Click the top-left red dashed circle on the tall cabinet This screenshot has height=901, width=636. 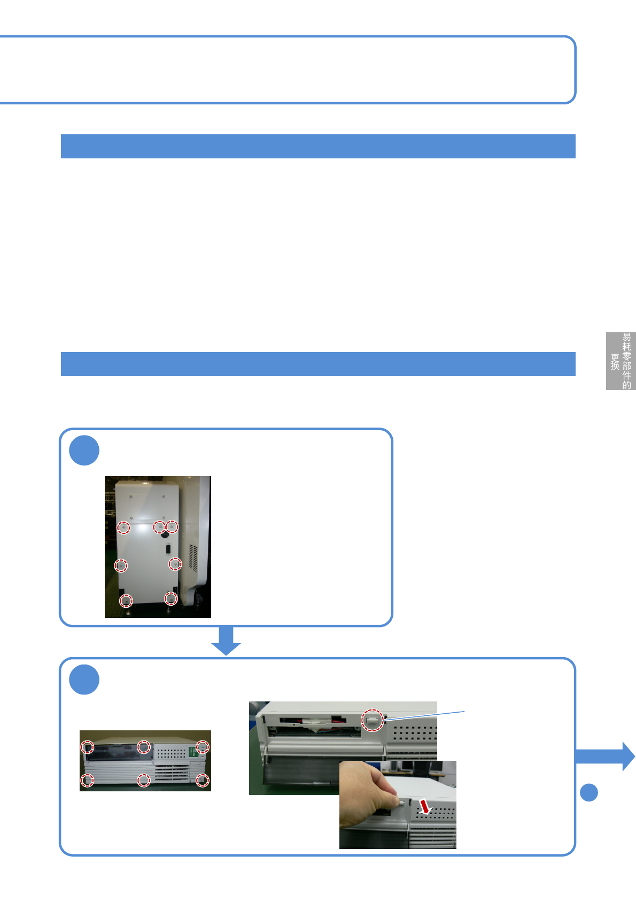pos(123,528)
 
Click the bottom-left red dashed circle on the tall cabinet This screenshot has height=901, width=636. pos(126,600)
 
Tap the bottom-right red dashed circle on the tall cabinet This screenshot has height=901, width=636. pos(170,598)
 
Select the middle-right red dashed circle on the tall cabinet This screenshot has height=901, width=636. pos(175,564)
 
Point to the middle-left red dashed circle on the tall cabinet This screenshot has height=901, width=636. pos(121,566)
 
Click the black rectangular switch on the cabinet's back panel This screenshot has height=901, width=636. pos(168,549)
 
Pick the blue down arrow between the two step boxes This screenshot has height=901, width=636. pos(226,640)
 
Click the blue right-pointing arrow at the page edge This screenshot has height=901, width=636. pos(606,756)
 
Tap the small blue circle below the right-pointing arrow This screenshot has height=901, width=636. pos(589,792)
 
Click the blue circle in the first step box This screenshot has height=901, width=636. pos(84,450)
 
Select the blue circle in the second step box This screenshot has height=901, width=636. pos(84,679)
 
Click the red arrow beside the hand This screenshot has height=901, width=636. pos(425,806)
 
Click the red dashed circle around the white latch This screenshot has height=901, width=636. pos(373,720)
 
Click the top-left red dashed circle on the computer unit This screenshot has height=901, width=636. pos(87,746)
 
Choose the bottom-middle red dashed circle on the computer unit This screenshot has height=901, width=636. pos(143,781)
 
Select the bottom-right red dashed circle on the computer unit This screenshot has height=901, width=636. pos(202,781)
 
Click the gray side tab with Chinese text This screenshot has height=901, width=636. pos(621,361)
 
